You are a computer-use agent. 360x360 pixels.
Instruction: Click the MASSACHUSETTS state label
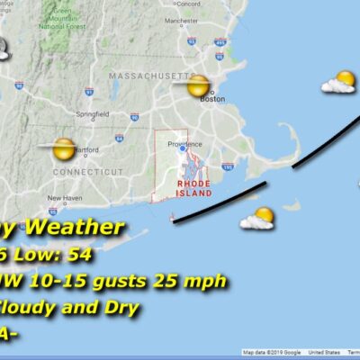[150, 77]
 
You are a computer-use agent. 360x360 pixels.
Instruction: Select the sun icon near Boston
[198, 86]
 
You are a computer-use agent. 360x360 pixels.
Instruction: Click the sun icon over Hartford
[63, 148]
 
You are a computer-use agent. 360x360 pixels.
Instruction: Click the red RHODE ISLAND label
[193, 187]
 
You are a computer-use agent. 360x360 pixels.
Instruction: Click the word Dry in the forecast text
[121, 308]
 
